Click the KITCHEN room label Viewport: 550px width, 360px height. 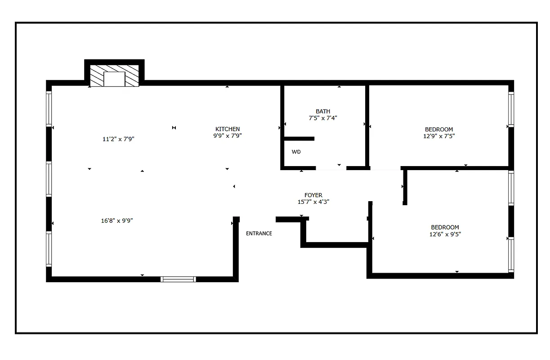[x=228, y=129]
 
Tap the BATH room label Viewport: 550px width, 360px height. [x=323, y=112]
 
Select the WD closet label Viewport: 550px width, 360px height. [x=296, y=152]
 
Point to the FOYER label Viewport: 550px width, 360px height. [x=313, y=195]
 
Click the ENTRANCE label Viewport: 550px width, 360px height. [x=259, y=234]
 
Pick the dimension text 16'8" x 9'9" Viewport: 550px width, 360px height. [x=117, y=221]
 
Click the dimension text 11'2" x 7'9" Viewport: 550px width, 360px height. [x=119, y=139]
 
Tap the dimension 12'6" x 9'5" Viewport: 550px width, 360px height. [x=445, y=234]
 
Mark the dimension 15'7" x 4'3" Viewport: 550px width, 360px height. [x=313, y=202]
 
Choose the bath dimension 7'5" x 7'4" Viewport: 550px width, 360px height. [x=323, y=118]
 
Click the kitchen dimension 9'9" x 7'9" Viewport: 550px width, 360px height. [x=228, y=135]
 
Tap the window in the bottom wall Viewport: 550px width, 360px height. [x=179, y=279]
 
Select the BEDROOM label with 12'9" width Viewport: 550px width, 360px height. [x=439, y=130]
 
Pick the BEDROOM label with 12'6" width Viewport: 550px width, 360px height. [x=445, y=227]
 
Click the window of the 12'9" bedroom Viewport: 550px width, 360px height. [x=511, y=109]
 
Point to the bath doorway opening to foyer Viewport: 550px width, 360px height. [x=331, y=168]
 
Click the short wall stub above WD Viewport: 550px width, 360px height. [x=299, y=139]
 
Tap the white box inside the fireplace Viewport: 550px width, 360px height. [x=114, y=79]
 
